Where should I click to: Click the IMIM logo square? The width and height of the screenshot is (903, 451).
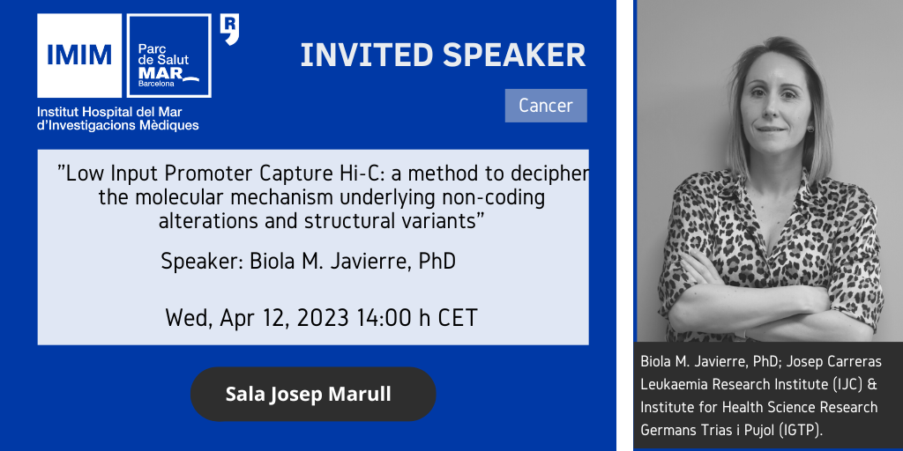coord(79,55)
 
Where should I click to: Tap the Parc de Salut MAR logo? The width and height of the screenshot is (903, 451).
coord(168,55)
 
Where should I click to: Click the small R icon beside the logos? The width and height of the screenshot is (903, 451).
coord(230,31)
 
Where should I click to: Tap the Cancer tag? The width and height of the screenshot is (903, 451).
coord(546,106)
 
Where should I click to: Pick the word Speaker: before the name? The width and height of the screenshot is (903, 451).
coord(202,262)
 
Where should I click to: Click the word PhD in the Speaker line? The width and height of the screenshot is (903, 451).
coord(437,262)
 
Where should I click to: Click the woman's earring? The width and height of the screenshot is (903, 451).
coord(810,129)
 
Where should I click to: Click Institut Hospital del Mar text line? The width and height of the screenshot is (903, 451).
coord(109,112)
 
